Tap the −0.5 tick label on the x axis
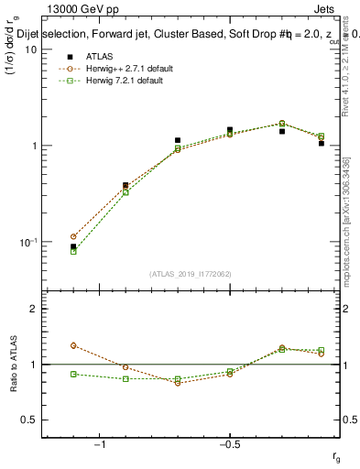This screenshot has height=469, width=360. [x=229, y=445]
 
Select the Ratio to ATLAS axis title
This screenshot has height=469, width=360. [x=12, y=365]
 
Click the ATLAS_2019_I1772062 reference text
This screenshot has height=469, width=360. [x=191, y=273]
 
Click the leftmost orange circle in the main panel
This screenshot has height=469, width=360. [x=73, y=236]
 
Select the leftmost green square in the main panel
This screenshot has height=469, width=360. [x=73, y=251]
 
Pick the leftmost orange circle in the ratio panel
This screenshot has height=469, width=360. [x=73, y=345]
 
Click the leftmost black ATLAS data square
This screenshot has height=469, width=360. [x=73, y=246]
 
